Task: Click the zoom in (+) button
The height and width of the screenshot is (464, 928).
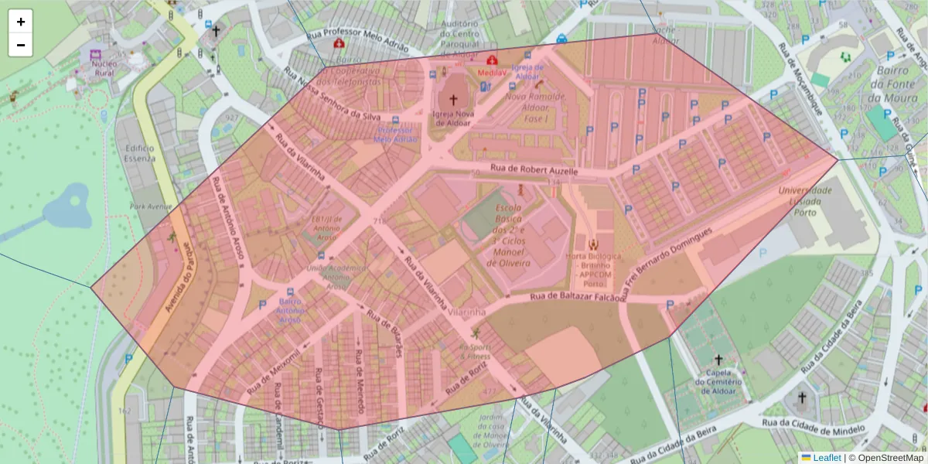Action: pyautogui.click(x=21, y=22)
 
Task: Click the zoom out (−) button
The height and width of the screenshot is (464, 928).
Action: pyautogui.click(x=21, y=45)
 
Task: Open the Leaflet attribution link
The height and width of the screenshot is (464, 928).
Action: pyautogui.click(x=827, y=458)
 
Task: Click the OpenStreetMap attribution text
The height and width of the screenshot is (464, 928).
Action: pyautogui.click(x=889, y=458)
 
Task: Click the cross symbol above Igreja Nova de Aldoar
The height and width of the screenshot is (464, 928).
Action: pyautogui.click(x=453, y=100)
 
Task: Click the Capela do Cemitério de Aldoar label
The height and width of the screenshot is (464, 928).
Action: pyautogui.click(x=718, y=381)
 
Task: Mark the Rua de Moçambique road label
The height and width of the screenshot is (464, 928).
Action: pyautogui.click(x=800, y=77)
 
